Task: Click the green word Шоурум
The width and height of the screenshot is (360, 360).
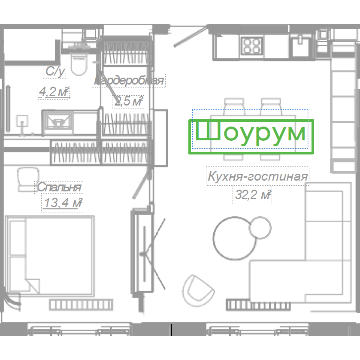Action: pos(251,133)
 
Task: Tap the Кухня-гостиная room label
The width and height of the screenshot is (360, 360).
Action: pos(257,176)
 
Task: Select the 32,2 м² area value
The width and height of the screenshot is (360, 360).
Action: pos(253,195)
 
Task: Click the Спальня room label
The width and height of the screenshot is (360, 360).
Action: pos(59,188)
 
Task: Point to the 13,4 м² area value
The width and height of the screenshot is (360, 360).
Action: pos(63,203)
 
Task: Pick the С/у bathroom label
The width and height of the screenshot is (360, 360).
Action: pos(55,71)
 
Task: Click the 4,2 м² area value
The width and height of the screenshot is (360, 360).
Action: pos(54,92)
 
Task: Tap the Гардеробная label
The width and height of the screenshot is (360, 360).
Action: pos(129,81)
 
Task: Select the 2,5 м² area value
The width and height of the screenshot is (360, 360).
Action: pos(129,101)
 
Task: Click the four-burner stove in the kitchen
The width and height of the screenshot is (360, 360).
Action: pos(252,46)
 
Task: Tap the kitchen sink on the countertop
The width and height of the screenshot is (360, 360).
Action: pos(300,45)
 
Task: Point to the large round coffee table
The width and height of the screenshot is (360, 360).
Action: pos(235,238)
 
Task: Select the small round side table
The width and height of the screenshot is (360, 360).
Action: pos(260,227)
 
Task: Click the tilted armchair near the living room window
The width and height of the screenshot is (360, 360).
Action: pos(198,290)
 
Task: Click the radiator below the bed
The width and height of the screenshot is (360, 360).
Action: pos(81,305)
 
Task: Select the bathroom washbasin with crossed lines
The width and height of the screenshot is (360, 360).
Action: pos(58,122)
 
